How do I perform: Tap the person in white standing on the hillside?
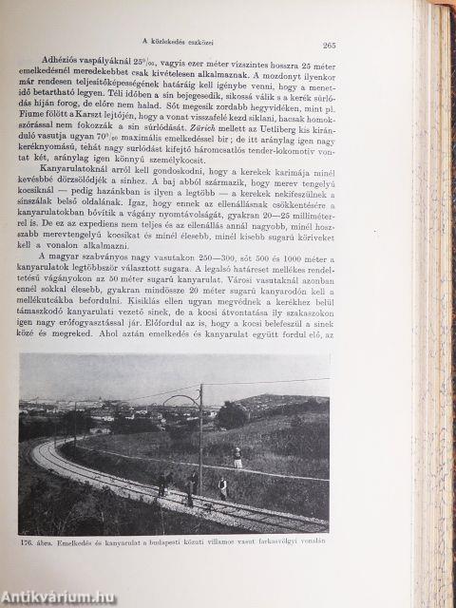pyautogui.click(x=237, y=459)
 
